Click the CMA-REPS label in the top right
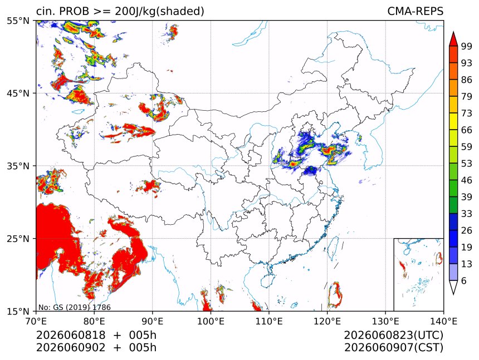click(x=415, y=11)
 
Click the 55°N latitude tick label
click(x=18, y=21)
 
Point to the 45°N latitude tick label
click(x=18, y=93)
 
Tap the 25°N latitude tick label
click(x=18, y=239)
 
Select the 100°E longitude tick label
click(x=211, y=321)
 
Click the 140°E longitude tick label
click(x=443, y=321)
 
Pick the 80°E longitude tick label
click(x=94, y=321)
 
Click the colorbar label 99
click(x=467, y=46)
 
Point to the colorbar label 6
click(x=464, y=280)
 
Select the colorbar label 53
click(x=467, y=164)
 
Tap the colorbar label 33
click(x=467, y=214)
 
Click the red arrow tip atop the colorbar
click(x=453, y=32)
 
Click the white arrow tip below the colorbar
click(x=453, y=294)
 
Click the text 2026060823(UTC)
click(x=393, y=335)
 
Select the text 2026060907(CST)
click(x=393, y=348)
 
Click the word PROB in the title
click(x=75, y=11)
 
